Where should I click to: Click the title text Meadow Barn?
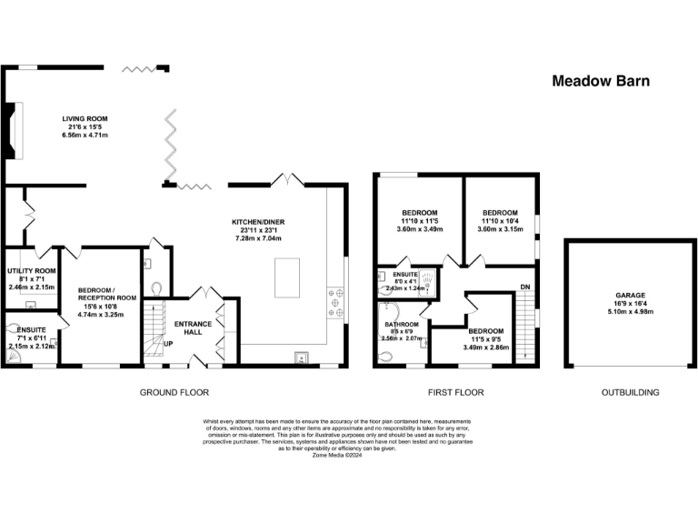click(x=601, y=81)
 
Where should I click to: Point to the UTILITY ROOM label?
click(x=32, y=271)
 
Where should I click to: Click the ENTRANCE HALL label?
click(x=193, y=328)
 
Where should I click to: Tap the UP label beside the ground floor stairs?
click(x=167, y=343)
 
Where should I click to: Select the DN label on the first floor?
click(x=524, y=287)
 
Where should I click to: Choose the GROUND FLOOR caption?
click(x=174, y=393)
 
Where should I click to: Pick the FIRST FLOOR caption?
click(x=455, y=393)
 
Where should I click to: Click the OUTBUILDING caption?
click(x=630, y=393)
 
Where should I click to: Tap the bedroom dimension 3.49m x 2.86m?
click(x=486, y=348)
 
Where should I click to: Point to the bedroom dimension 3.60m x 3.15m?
click(x=500, y=229)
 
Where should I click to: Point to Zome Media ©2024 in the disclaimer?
click(x=348, y=455)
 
